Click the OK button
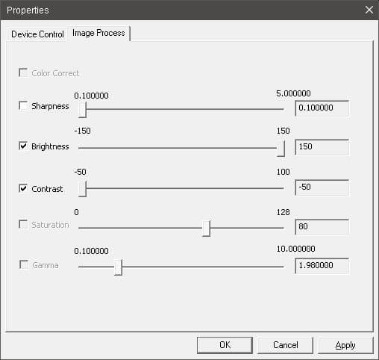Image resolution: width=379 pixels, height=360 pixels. [225, 345]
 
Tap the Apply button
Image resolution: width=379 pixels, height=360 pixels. [345, 345]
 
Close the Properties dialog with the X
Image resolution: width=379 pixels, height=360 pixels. [369, 10]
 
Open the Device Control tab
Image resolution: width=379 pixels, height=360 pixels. [37, 34]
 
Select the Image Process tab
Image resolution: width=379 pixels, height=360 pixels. [98, 33]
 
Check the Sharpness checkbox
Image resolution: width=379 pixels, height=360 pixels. [23, 106]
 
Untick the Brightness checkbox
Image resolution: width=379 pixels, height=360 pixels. [23, 146]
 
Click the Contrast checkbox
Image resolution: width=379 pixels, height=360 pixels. [23, 188]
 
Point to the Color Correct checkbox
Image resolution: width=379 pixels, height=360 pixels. [23, 72]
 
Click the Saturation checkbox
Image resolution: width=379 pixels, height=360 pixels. [23, 224]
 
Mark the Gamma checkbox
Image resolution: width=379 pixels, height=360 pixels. [24, 264]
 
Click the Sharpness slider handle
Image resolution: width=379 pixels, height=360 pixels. [82, 110]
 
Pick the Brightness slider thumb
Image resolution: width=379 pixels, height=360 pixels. [281, 149]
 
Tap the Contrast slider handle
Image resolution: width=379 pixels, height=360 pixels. [82, 189]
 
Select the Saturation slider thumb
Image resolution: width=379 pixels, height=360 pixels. [206, 229]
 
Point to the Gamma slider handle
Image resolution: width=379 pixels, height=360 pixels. [118, 267]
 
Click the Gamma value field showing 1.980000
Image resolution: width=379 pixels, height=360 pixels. [322, 266]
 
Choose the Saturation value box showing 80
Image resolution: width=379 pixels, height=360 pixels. [322, 227]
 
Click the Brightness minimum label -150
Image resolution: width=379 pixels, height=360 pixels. [82, 131]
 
